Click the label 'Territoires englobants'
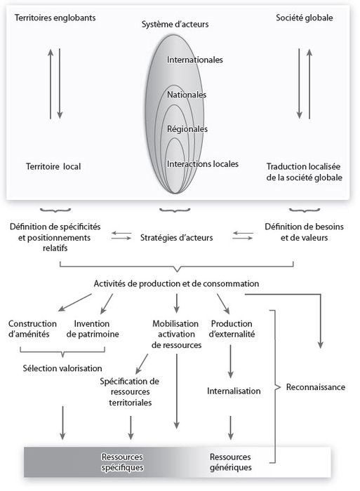coord(55,18)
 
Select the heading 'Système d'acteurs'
coord(175,24)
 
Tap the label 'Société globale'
coord(305,18)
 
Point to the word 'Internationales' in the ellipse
coord(194,60)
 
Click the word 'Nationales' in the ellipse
coord(187,95)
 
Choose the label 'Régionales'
coord(187,129)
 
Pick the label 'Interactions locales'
coord(202,163)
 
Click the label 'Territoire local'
coord(53,166)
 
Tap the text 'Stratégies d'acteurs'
coord(176,238)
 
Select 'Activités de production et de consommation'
coord(176,283)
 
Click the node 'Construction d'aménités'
coord(32,329)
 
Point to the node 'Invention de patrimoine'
coord(93,329)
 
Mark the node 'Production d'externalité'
coord(232,329)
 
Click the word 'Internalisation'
coord(234,391)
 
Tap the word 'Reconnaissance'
coord(316,387)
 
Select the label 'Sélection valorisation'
coord(62,368)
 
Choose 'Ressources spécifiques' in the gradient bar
coord(122,462)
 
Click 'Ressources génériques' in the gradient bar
coord(231,462)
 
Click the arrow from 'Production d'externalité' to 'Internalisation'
coord(231,361)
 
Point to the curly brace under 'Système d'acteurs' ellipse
coord(175,210)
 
